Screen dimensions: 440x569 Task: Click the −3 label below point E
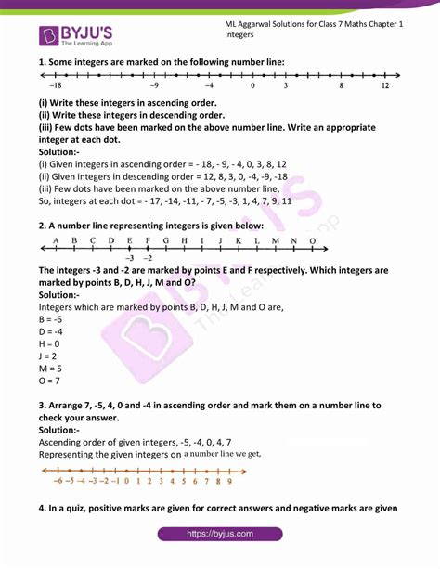pyautogui.click(x=130, y=257)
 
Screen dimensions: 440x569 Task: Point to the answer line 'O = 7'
pyautogui.click(x=52, y=381)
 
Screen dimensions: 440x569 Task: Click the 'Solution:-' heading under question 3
pyautogui.click(x=59, y=431)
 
